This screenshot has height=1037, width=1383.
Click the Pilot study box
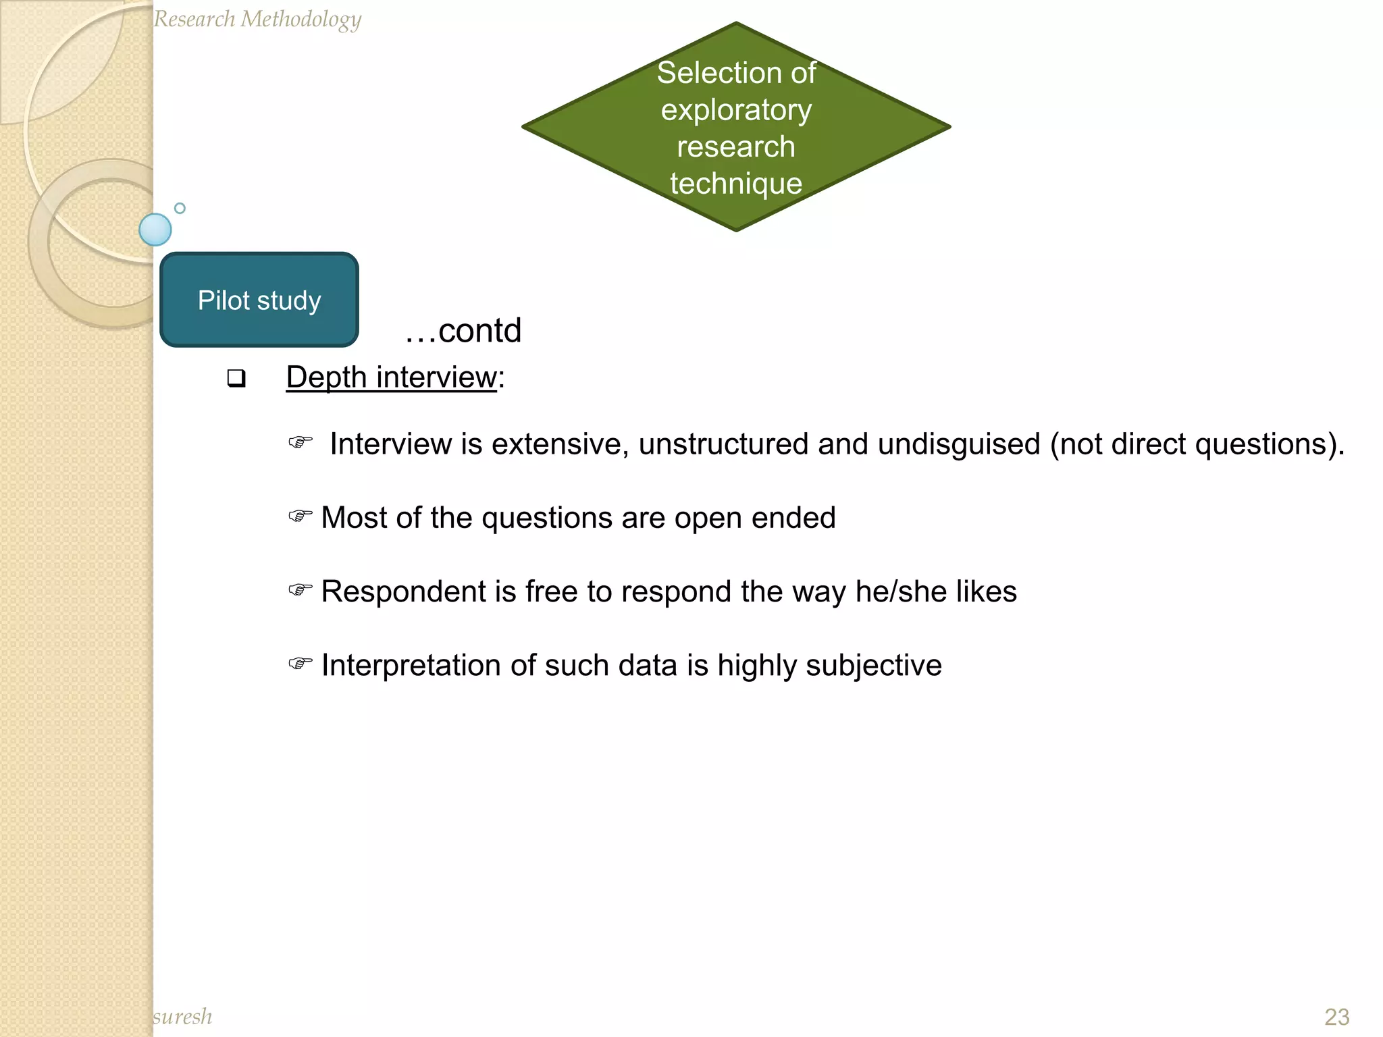click(x=259, y=300)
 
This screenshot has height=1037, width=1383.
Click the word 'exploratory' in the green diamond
click(x=736, y=110)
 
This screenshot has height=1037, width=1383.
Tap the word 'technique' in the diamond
click(x=736, y=184)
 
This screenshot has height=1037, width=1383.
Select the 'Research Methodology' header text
click(x=257, y=19)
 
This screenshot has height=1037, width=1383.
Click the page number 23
click(x=1336, y=1017)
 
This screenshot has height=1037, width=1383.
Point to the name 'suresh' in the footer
click(x=182, y=1016)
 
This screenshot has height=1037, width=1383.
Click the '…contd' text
click(x=463, y=331)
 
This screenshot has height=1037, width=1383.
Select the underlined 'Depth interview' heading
click(x=391, y=377)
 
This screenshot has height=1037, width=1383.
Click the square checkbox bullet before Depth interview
click(x=236, y=378)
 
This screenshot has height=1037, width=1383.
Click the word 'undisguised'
click(x=959, y=444)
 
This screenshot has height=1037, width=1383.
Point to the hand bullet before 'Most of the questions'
click(x=300, y=516)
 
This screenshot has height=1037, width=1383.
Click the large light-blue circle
click(x=155, y=230)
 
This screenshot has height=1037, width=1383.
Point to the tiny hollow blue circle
click(x=180, y=208)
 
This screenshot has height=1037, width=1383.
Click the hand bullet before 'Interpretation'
click(x=300, y=664)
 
